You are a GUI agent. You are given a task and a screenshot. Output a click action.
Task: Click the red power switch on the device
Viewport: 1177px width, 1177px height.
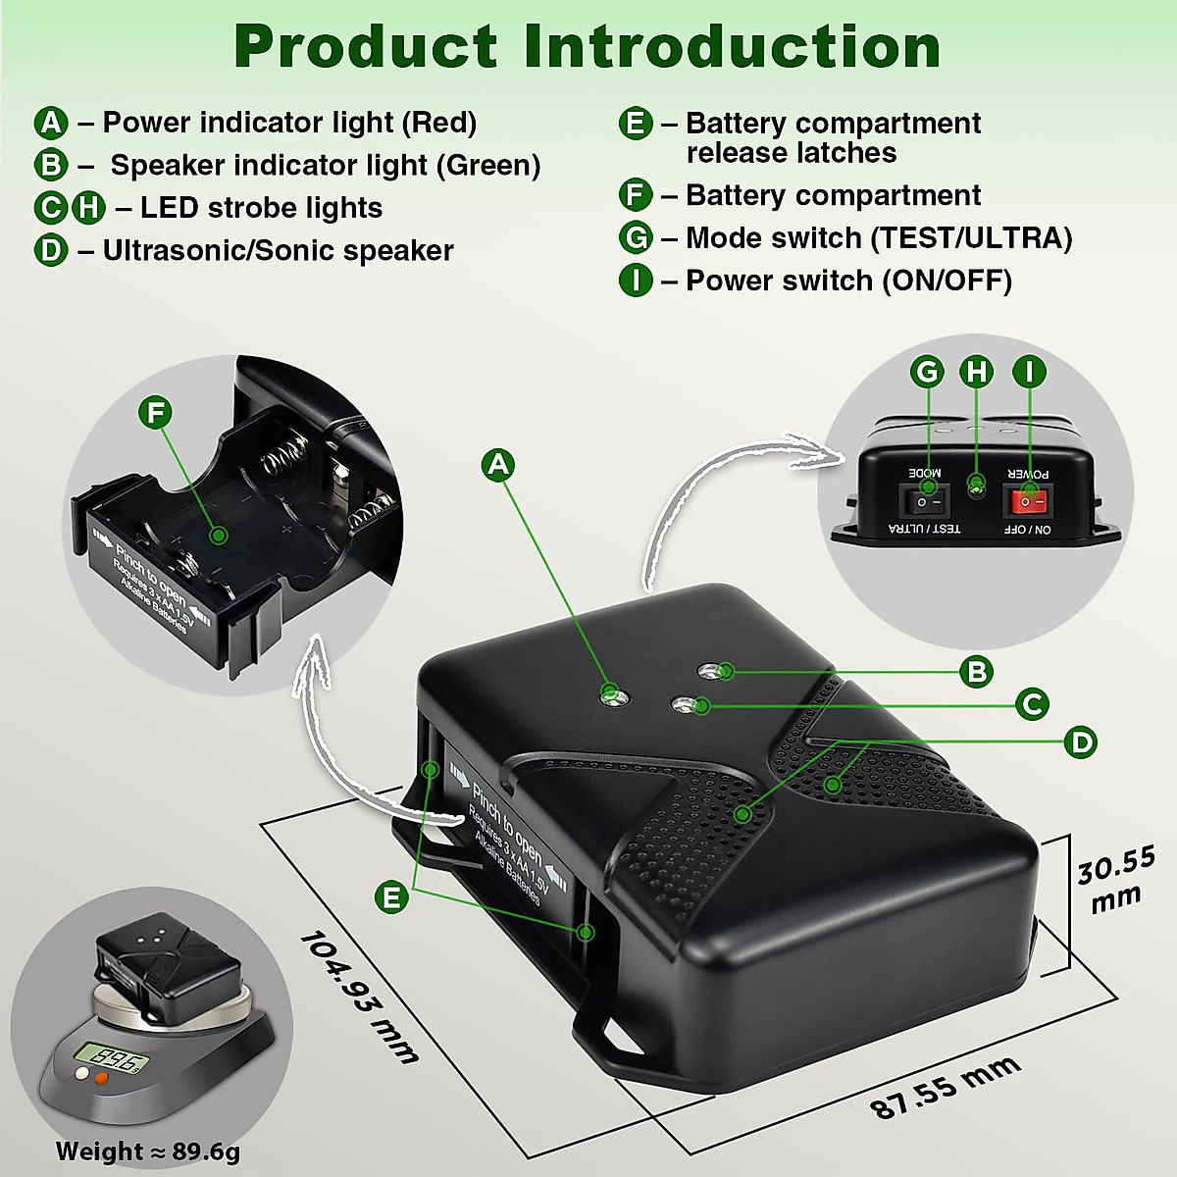pyautogui.click(x=1025, y=502)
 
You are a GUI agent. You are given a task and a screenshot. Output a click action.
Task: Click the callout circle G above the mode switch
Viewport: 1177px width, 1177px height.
pyautogui.click(x=927, y=372)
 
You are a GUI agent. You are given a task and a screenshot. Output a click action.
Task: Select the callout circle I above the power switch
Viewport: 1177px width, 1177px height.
pyautogui.click(x=1029, y=372)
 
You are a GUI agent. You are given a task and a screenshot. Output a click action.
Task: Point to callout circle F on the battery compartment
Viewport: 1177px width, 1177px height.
pyautogui.click(x=155, y=413)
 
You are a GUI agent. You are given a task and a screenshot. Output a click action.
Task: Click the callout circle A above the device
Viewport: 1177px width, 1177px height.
pyautogui.click(x=499, y=464)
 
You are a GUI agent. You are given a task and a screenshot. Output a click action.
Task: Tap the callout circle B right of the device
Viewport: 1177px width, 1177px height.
pyautogui.click(x=977, y=672)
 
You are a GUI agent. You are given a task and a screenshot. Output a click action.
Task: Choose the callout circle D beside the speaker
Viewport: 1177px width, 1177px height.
pyautogui.click(x=1081, y=742)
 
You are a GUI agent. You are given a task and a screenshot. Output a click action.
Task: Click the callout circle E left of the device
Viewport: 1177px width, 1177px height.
pyautogui.click(x=392, y=896)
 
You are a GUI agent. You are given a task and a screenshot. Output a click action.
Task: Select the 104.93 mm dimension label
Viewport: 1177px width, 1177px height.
pyautogui.click(x=359, y=997)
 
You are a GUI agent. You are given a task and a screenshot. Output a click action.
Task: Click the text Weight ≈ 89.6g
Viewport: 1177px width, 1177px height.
pyautogui.click(x=147, y=1151)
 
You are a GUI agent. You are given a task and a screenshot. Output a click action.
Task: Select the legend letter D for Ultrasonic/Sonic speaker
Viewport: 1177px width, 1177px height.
pyautogui.click(x=51, y=250)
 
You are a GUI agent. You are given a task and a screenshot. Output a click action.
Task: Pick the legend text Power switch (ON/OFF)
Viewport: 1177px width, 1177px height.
pyautogui.click(x=848, y=281)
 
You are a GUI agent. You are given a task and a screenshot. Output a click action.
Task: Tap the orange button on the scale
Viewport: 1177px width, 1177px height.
pyautogui.click(x=100, y=1079)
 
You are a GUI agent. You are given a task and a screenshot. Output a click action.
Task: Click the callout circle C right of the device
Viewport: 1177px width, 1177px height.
pyautogui.click(x=1032, y=704)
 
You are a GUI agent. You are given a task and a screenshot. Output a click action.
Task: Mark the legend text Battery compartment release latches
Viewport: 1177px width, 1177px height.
pyautogui.click(x=833, y=138)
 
